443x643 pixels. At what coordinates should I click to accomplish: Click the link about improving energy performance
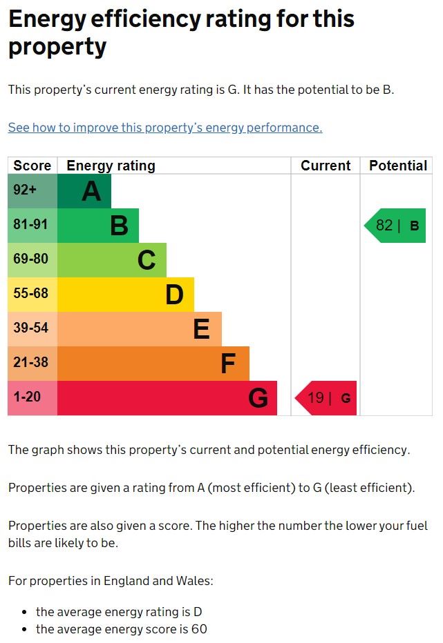click(x=165, y=128)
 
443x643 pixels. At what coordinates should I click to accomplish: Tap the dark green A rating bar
click(x=84, y=191)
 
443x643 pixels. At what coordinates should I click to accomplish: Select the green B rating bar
click(x=97, y=226)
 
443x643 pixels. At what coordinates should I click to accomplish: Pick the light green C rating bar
click(x=111, y=260)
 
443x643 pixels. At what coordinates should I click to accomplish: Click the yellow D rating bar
click(x=125, y=295)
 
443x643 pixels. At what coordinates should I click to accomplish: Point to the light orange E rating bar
click(x=139, y=329)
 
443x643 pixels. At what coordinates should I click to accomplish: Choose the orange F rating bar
click(x=153, y=364)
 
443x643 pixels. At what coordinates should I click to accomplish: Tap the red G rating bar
click(x=167, y=398)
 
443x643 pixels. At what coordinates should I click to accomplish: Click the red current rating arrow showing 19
click(x=326, y=398)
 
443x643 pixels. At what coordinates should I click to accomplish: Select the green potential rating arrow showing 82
click(x=396, y=226)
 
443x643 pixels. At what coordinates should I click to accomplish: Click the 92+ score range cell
click(x=32, y=191)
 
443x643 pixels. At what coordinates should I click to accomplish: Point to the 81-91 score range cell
click(x=32, y=226)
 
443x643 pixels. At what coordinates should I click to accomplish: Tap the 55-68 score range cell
click(x=32, y=295)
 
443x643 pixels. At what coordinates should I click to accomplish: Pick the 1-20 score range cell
click(x=32, y=398)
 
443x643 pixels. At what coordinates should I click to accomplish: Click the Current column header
click(x=326, y=166)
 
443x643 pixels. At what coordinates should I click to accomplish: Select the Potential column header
click(x=397, y=166)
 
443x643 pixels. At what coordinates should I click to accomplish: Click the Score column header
click(x=32, y=166)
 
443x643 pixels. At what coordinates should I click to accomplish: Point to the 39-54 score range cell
click(x=32, y=329)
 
